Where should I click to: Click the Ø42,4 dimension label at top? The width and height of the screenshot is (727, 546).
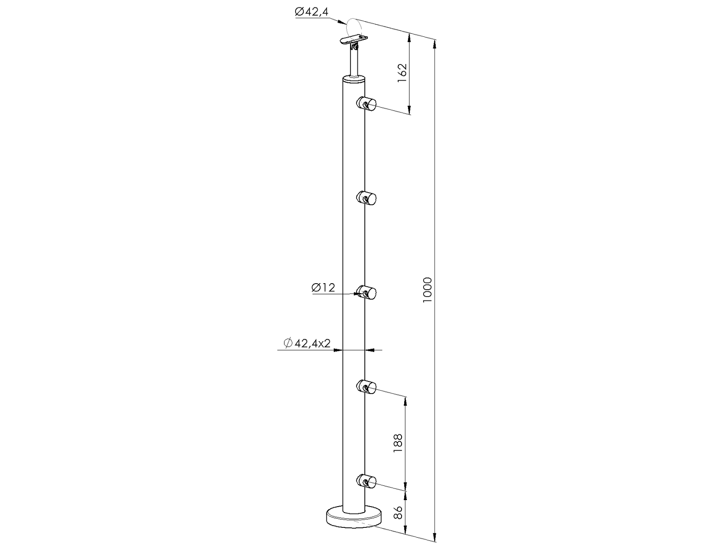coord(312,12)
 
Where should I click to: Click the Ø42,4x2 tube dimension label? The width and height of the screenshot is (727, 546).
coord(307,343)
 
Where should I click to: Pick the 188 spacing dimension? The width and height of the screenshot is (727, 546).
coord(398,443)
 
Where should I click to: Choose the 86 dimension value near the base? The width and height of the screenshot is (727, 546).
coord(398,513)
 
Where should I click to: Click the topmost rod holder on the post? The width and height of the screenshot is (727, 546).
coord(367,104)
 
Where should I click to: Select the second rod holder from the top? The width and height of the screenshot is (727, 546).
coord(367,199)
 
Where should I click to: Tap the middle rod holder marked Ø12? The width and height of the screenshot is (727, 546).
coord(367,294)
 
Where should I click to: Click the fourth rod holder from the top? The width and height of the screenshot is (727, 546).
coord(367,386)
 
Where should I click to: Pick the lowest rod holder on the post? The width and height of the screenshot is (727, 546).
coord(367,481)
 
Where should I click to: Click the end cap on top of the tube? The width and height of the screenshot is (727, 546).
coord(354,78)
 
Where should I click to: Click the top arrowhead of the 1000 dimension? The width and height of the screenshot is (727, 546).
coord(435,43)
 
